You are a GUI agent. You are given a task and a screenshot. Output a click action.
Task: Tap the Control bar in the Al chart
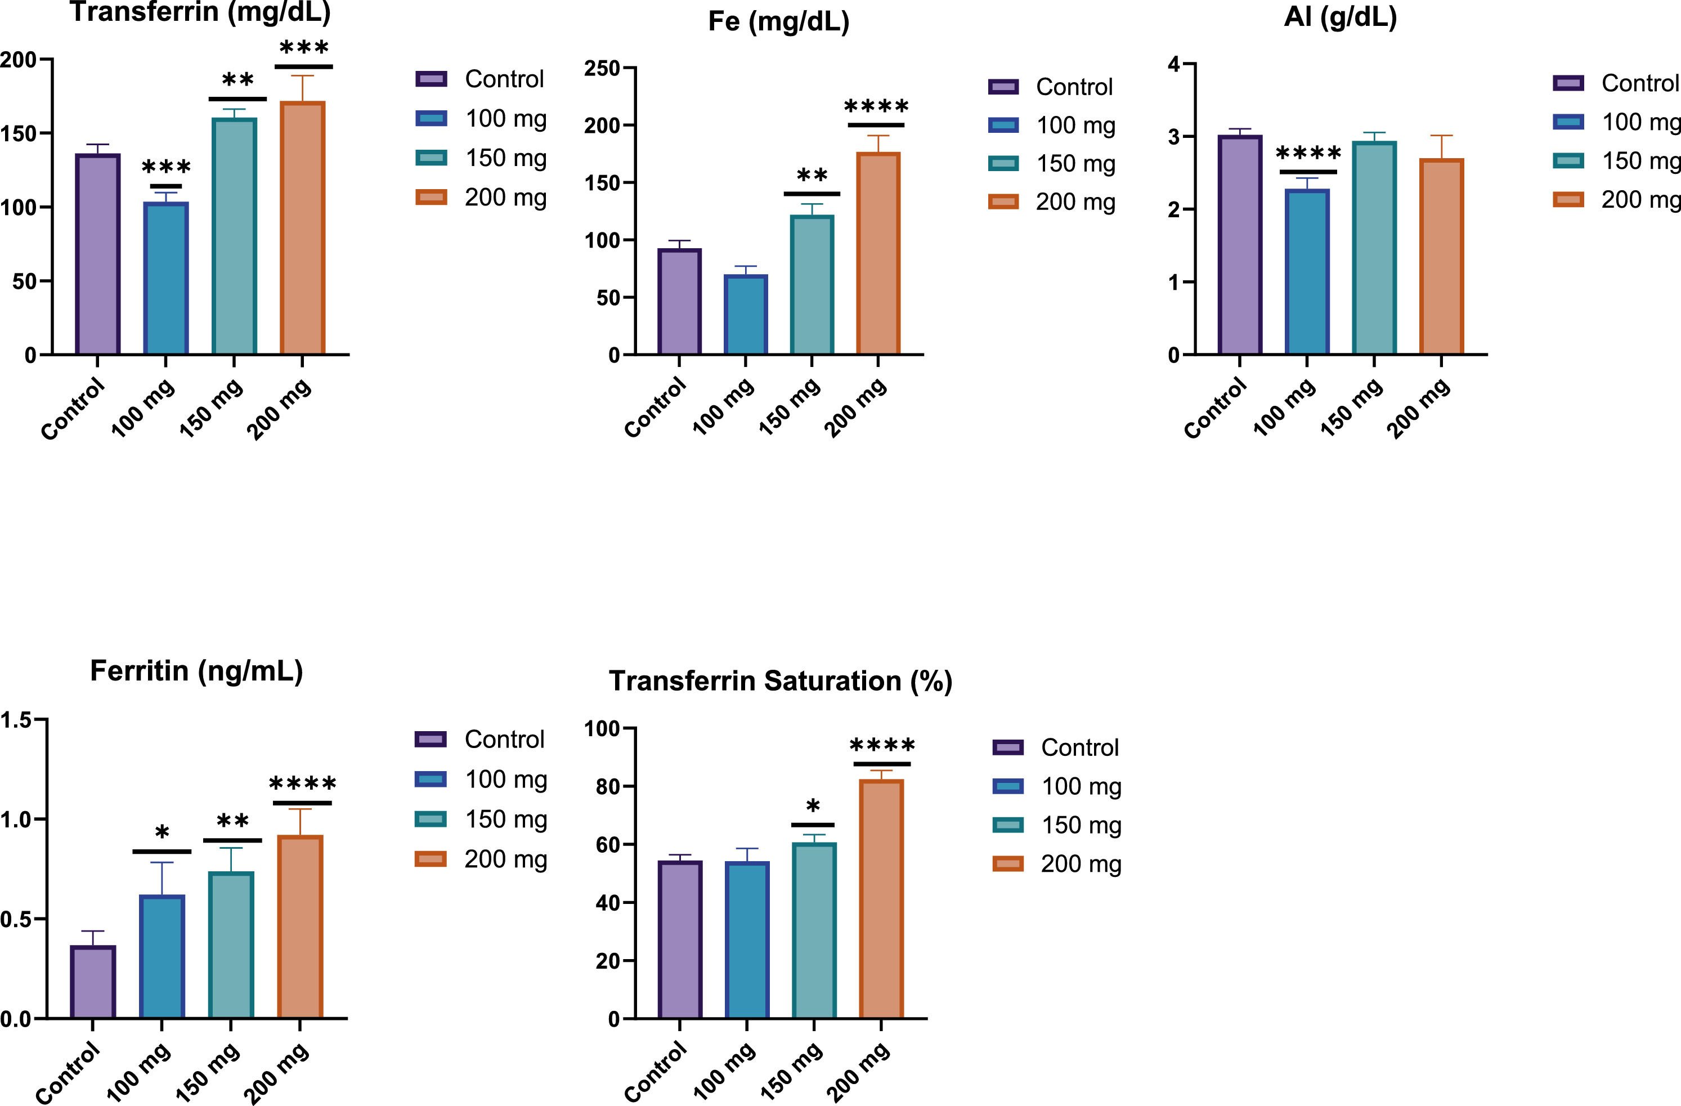click(x=1240, y=244)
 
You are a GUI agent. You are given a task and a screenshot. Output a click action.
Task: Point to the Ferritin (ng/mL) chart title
click(x=196, y=671)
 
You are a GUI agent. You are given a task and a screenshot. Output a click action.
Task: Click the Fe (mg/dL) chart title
click(x=778, y=21)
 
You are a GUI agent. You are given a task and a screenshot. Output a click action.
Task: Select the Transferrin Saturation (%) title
click(x=781, y=681)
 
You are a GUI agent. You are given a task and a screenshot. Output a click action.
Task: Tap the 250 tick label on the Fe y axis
click(x=602, y=69)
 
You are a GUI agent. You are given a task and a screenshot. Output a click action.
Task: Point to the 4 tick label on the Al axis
click(x=1174, y=65)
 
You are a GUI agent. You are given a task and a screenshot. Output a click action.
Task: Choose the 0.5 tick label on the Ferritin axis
click(x=16, y=920)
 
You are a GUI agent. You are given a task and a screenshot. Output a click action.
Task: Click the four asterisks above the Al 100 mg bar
click(x=1308, y=153)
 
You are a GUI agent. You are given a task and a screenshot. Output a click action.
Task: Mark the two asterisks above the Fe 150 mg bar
click(x=812, y=175)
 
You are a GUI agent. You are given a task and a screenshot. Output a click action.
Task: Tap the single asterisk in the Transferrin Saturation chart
click(x=813, y=806)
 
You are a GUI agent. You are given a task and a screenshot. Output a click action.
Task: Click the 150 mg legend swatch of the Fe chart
click(x=1003, y=164)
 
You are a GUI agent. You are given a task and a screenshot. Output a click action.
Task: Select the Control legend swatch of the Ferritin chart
click(x=430, y=740)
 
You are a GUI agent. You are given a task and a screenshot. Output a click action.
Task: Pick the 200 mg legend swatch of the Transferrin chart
click(x=431, y=197)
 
